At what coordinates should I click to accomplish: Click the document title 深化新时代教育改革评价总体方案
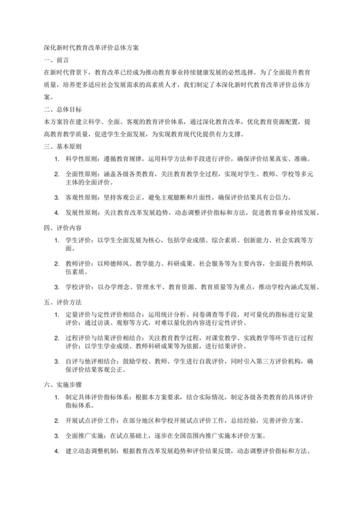[x=86, y=47]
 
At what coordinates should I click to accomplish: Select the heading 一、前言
[x=56, y=59]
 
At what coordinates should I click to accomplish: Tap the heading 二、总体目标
[x=60, y=109]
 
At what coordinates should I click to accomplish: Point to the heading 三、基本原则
[x=60, y=146]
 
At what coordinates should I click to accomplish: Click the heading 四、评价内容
[x=60, y=227]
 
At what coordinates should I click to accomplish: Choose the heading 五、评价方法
[x=60, y=301]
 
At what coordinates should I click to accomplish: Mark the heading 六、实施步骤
[x=60, y=384]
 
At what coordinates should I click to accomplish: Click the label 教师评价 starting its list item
[x=76, y=262]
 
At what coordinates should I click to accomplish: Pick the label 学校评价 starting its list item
[x=76, y=285]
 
